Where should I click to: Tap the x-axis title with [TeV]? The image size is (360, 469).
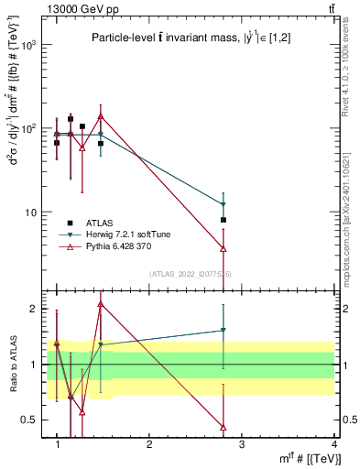pos(309,458)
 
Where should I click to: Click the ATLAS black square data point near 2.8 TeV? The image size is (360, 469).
pos(224,220)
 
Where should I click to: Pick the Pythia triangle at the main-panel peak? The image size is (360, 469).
pos(101,116)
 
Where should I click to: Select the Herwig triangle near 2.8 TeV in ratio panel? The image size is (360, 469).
pos(224,331)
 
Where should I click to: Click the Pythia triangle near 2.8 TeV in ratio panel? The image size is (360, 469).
pos(224,427)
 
